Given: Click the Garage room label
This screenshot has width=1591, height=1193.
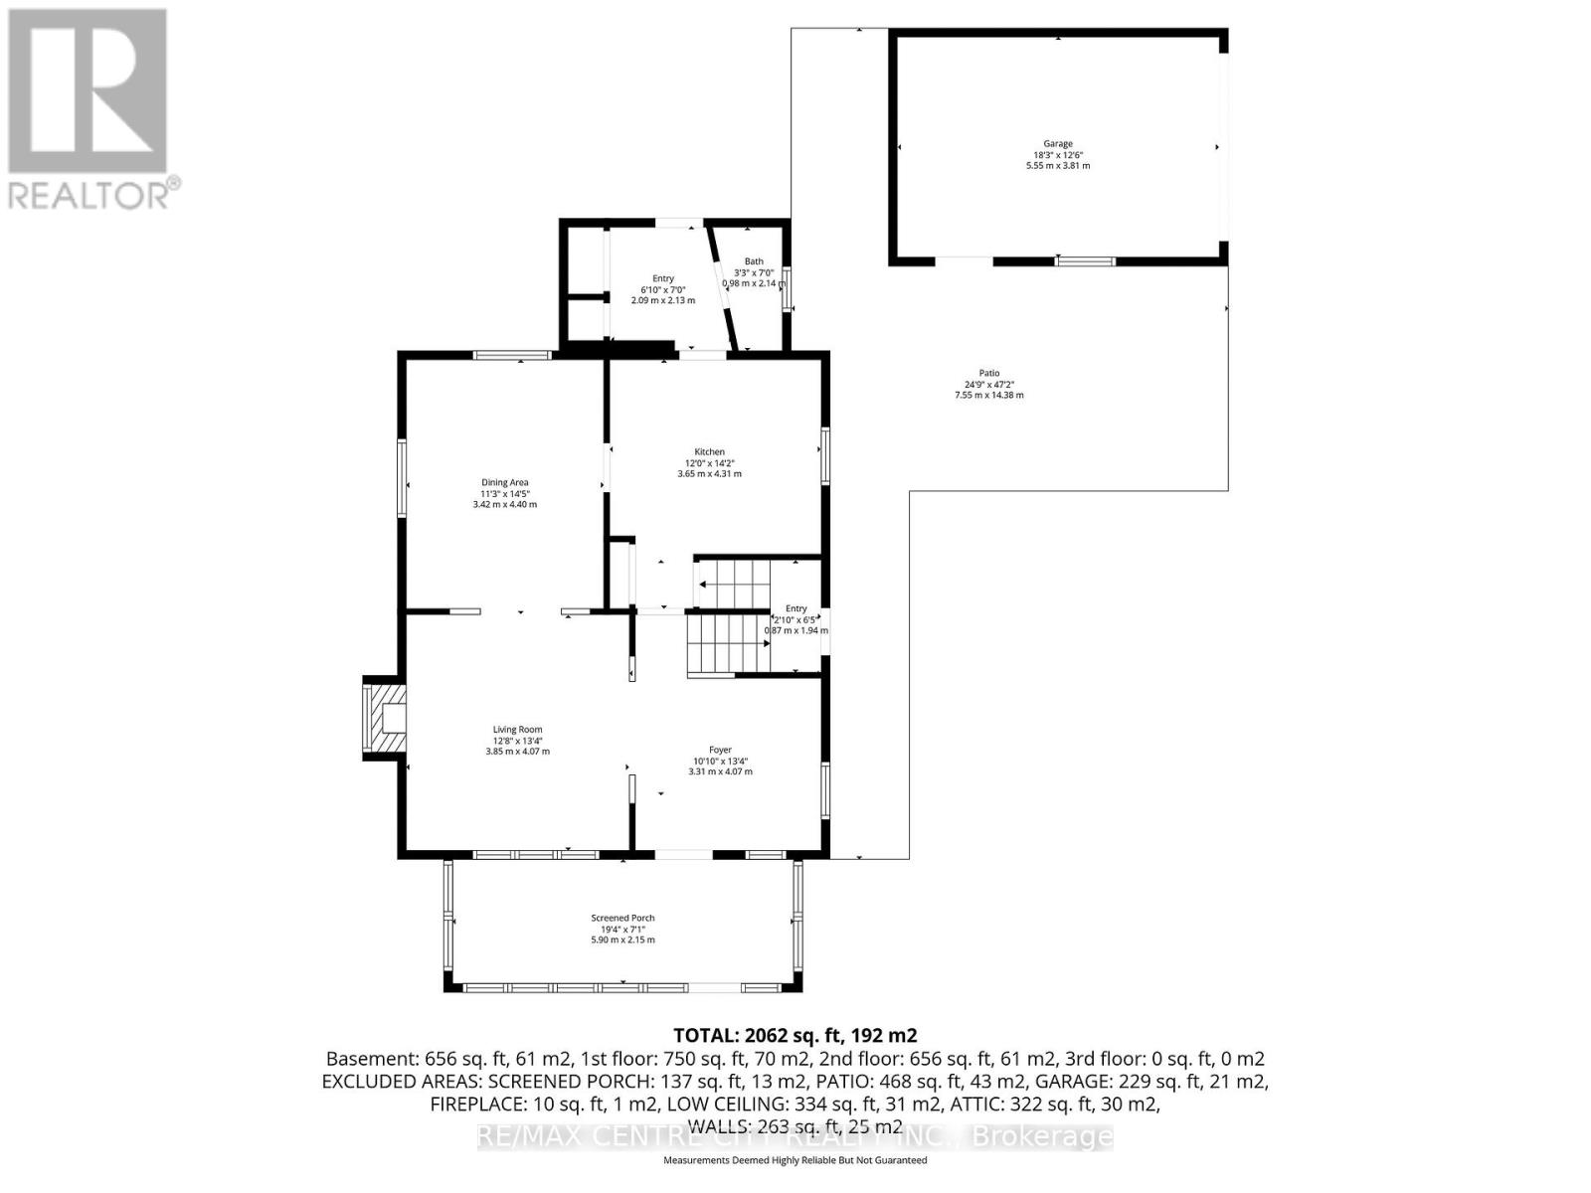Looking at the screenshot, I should (x=1058, y=144).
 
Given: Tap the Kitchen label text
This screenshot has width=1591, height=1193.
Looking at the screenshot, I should (x=709, y=452).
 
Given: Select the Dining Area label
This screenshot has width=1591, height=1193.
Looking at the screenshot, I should (x=504, y=483).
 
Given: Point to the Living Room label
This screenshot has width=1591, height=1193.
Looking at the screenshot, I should (x=517, y=730).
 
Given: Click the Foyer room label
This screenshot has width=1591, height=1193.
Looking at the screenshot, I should (x=720, y=751).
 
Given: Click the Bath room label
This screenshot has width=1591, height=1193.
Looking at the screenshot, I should (x=754, y=261).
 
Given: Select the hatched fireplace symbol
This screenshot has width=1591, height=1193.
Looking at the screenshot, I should (x=386, y=718).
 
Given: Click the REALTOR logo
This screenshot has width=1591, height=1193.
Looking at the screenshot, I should (x=89, y=109).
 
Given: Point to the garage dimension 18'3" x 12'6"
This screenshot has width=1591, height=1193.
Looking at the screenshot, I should (x=1058, y=155).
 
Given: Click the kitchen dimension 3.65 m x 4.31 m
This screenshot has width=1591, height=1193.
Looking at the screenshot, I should (x=709, y=474).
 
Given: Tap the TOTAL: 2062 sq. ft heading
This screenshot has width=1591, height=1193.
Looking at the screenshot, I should (x=795, y=1035).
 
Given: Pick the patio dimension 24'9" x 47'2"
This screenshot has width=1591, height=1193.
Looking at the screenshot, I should (x=988, y=385).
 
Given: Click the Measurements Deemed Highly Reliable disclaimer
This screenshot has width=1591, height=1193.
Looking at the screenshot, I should (x=795, y=1160).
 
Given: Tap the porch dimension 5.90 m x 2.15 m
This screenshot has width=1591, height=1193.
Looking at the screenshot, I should (x=622, y=939).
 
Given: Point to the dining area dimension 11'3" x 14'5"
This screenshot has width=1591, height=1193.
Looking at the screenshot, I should (x=504, y=494).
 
